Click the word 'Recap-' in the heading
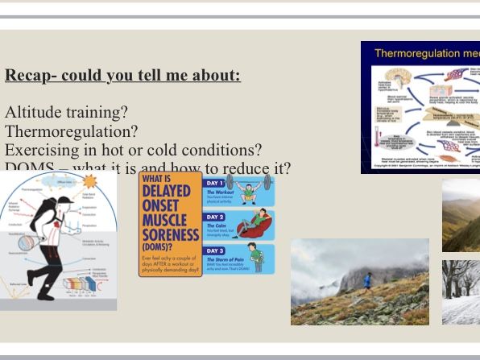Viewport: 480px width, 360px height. click(28, 77)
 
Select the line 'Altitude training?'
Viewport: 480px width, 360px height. click(66, 113)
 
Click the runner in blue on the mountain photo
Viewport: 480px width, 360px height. click(368, 280)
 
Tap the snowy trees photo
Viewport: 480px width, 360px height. click(461, 291)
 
